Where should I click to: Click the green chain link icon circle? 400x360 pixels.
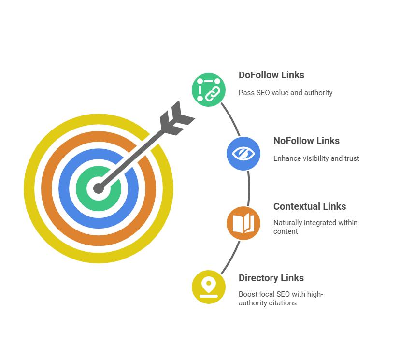pos(209,89)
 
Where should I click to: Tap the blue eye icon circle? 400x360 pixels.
pos(243,154)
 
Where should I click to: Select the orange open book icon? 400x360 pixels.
pos(243,223)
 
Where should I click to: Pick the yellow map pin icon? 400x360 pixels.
pos(209,287)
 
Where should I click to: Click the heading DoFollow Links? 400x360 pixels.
pos(271,75)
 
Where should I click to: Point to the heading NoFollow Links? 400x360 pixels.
pos(306,141)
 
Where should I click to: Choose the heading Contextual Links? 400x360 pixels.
pos(310,206)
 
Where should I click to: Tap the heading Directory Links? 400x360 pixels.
pos(271,278)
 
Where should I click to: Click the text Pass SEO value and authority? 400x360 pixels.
pos(286,92)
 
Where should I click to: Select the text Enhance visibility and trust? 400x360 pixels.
pos(316,158)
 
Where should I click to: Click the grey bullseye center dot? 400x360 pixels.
pos(99,188)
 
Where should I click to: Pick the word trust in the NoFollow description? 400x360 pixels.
pos(351,158)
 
